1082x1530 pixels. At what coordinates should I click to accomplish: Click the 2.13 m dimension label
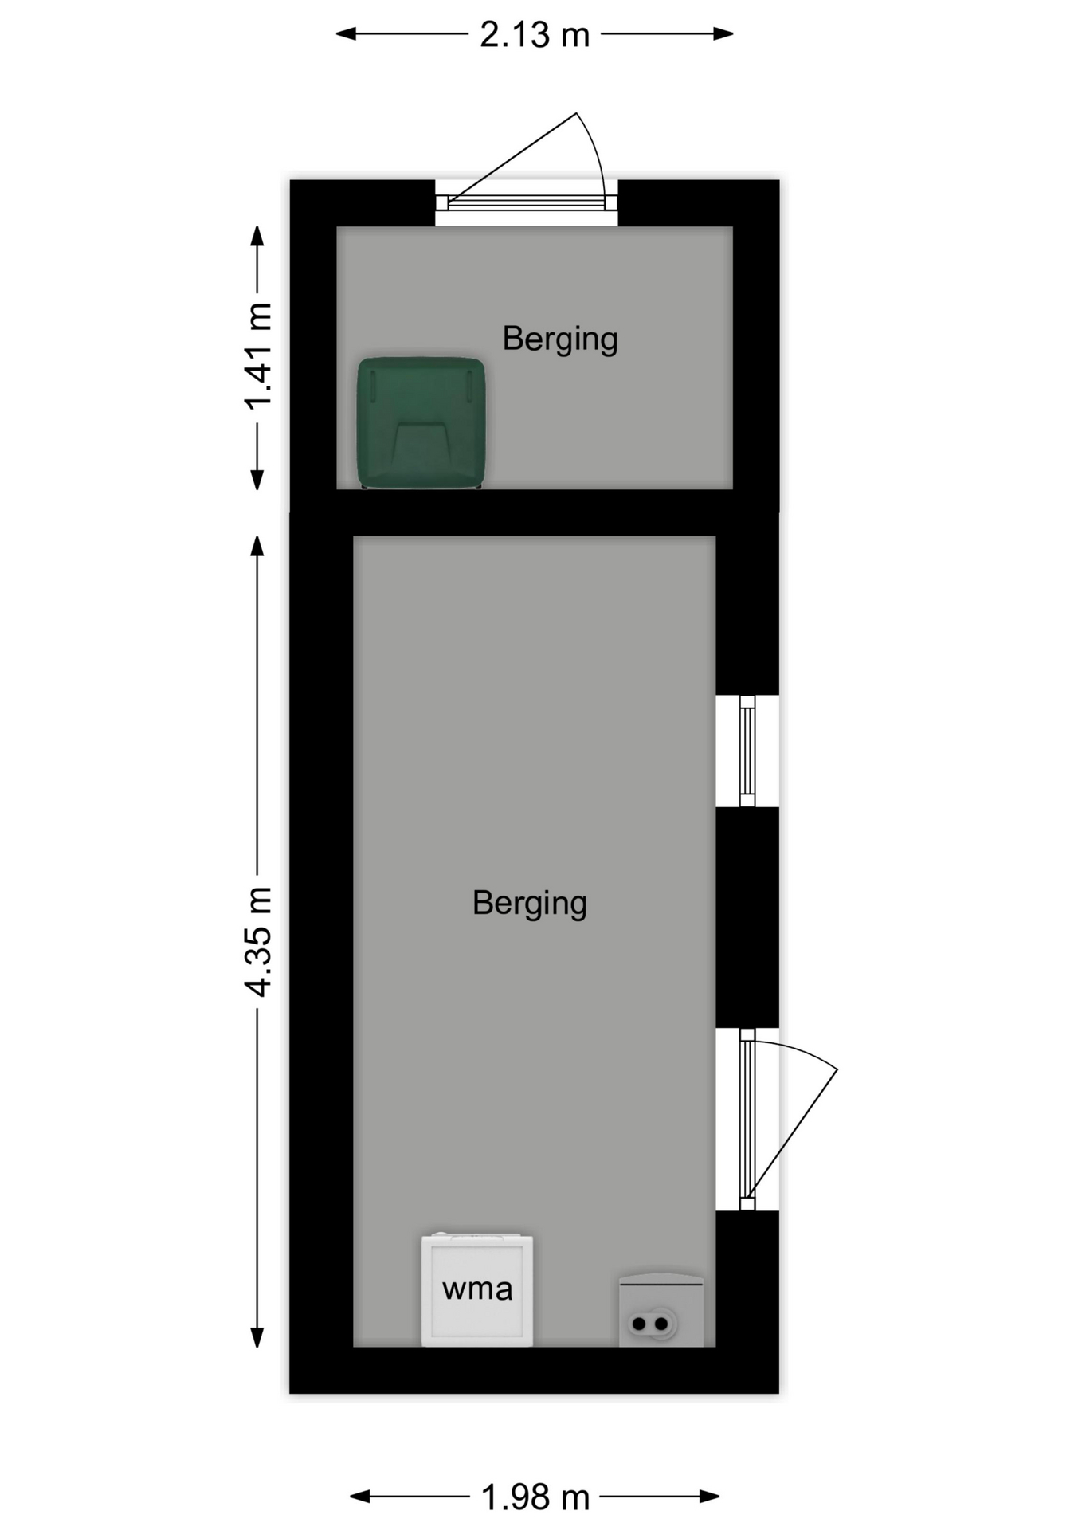(x=535, y=35)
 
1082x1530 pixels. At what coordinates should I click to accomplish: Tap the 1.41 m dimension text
(x=259, y=356)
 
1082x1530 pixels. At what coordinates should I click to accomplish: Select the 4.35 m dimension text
(x=259, y=941)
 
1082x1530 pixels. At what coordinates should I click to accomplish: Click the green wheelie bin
(x=421, y=422)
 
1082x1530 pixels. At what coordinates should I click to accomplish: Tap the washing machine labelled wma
(x=477, y=1289)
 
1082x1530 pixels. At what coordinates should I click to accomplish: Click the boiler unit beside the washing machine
(x=661, y=1310)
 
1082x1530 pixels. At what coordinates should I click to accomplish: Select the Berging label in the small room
(x=560, y=339)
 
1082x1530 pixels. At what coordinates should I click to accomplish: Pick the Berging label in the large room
(x=530, y=904)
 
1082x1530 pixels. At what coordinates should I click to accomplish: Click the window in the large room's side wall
(x=747, y=751)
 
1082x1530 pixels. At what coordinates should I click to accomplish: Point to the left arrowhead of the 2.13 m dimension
(x=346, y=34)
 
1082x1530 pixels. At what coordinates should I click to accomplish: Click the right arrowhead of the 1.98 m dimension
(x=711, y=1497)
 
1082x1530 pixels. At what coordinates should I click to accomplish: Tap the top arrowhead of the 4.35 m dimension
(x=257, y=546)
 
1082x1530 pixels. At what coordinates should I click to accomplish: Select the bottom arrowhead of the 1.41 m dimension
(x=257, y=480)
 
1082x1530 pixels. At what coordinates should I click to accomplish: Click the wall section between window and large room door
(x=747, y=917)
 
